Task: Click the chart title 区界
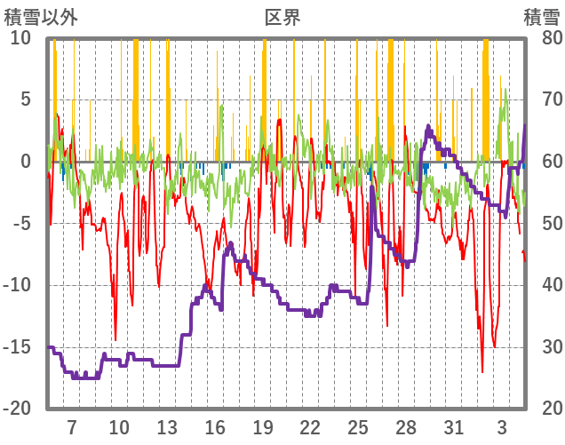pos(282,18)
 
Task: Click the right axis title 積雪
pos(541,18)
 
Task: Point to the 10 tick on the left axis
pos(20,38)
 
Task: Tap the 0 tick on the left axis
pos(26,162)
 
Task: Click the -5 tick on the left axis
pos(21,223)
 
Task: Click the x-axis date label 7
pos(72,426)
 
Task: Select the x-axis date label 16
pos(215,426)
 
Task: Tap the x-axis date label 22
pos(310,426)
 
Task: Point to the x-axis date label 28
pos(406,426)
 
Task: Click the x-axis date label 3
pos(502,426)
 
